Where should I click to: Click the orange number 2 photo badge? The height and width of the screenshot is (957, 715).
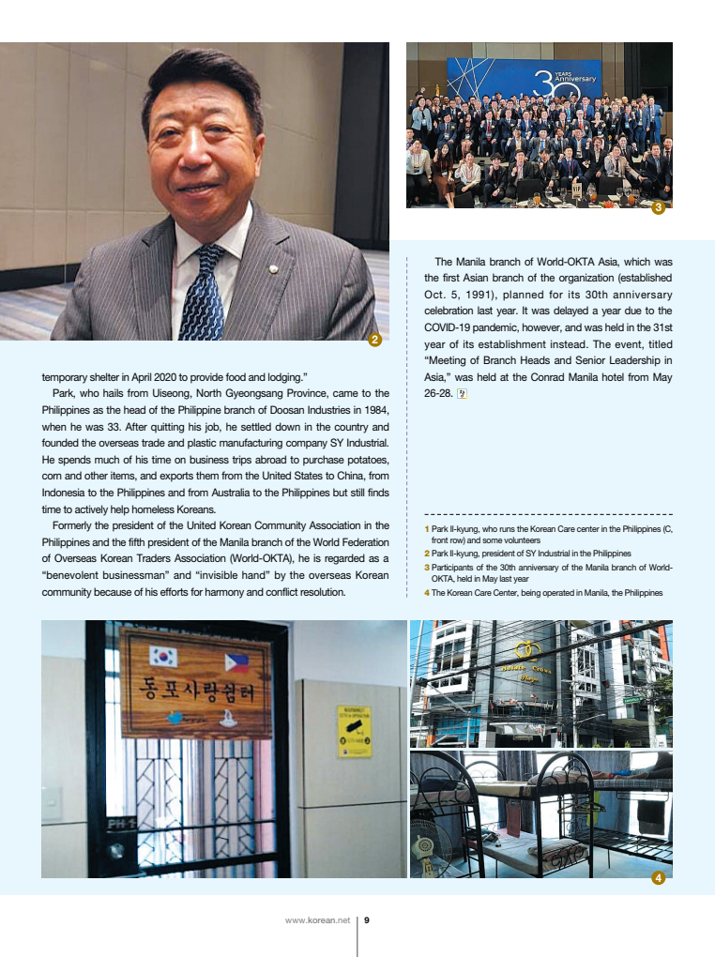pyautogui.click(x=374, y=340)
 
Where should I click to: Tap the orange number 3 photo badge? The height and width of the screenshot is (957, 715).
pyautogui.click(x=658, y=207)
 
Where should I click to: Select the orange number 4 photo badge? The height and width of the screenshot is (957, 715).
pyautogui.click(x=658, y=878)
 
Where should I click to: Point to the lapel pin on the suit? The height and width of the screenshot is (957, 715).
pyautogui.click(x=273, y=271)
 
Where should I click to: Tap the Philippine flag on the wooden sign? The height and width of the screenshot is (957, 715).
pyautogui.click(x=236, y=662)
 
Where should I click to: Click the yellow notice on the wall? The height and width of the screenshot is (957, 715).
pyautogui.click(x=354, y=732)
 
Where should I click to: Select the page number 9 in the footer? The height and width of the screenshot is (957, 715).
pyautogui.click(x=367, y=920)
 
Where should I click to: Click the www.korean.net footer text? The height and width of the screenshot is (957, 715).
pyautogui.click(x=317, y=920)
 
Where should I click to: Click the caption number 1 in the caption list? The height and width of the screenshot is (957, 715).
pyautogui.click(x=426, y=530)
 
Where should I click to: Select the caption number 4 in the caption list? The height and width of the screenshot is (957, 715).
pyautogui.click(x=426, y=593)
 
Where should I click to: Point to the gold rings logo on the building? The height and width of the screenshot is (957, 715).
pyautogui.click(x=528, y=648)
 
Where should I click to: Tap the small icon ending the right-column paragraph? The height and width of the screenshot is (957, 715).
pyautogui.click(x=461, y=394)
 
